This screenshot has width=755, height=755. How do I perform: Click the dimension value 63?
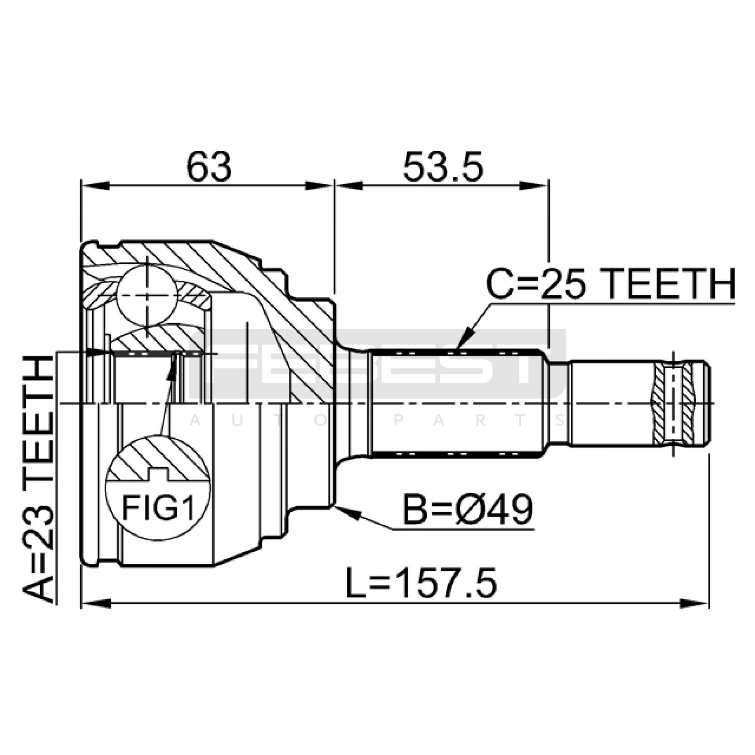[x=210, y=167]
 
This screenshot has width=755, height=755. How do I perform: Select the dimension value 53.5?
[x=443, y=167]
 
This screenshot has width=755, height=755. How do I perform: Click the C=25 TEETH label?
[x=611, y=284]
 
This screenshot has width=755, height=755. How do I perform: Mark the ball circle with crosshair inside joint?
[x=147, y=294]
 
